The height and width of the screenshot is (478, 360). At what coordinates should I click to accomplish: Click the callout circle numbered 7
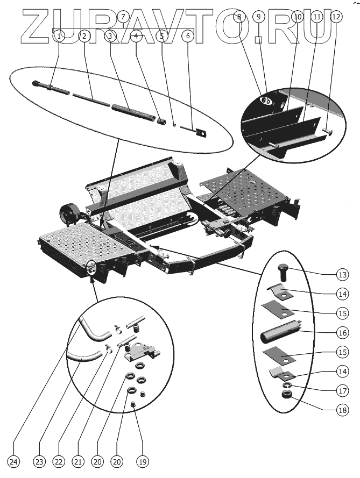tap(123, 17)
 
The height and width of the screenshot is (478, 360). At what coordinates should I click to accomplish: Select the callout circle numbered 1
tap(59, 36)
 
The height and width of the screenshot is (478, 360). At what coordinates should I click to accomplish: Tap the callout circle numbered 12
tap(336, 17)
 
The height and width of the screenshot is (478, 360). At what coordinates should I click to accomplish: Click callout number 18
tap(342, 410)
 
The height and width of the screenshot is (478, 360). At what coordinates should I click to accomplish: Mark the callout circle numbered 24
tap(14, 461)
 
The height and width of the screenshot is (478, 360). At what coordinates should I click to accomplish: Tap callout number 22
tap(58, 461)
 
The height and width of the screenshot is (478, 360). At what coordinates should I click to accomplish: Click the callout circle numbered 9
tap(259, 17)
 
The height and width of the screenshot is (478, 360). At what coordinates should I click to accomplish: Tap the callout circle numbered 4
tap(136, 36)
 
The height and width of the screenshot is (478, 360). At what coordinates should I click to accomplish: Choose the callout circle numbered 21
tap(79, 461)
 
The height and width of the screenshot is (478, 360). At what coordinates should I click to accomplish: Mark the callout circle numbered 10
tap(298, 17)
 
